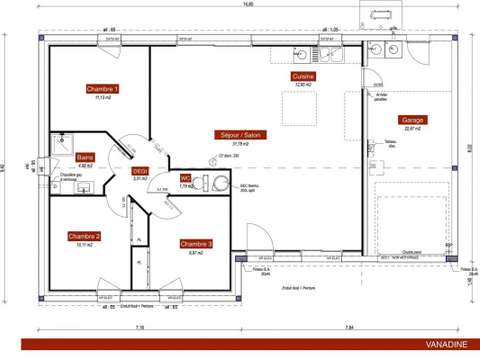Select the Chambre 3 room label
tap(196, 243)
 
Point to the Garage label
tap(413, 119)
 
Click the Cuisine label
tap(304, 76)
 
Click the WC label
tap(185, 177)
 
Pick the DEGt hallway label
tap(140, 172)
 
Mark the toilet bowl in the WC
tap(219, 182)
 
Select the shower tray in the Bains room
tap(62, 142)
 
